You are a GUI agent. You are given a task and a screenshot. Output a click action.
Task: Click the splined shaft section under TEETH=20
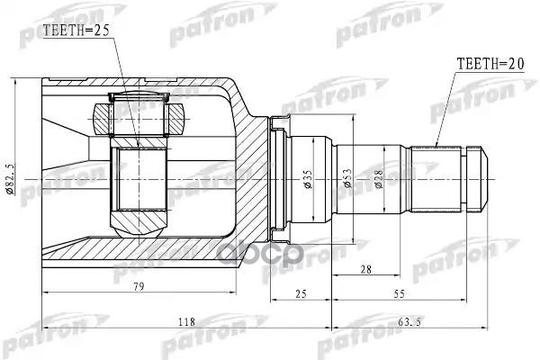436,176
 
